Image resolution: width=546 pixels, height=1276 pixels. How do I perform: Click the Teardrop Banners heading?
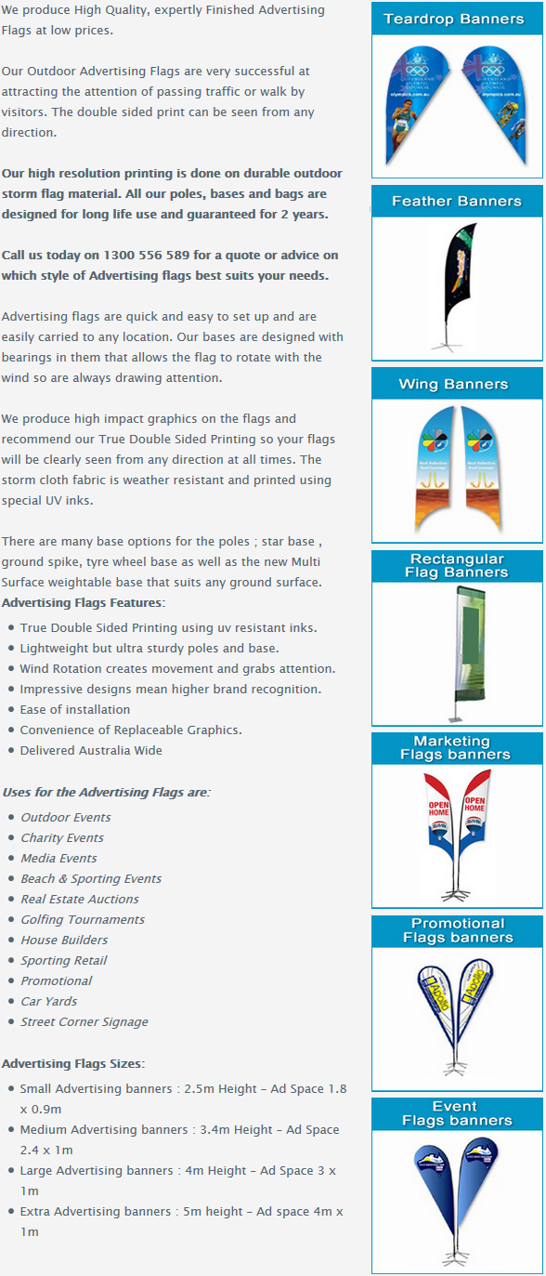453,19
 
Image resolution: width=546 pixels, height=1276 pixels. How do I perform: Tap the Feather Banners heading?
456,201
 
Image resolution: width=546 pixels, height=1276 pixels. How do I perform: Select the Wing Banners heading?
453,384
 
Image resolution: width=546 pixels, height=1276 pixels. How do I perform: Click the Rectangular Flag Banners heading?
456,566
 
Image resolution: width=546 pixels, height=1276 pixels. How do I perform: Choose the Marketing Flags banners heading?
455,748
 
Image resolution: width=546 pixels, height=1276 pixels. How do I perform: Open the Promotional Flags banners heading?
457,930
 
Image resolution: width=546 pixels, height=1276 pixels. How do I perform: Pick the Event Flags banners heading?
456,1113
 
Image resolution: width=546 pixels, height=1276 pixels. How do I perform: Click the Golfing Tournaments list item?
83,919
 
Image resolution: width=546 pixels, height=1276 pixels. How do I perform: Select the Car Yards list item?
49,1001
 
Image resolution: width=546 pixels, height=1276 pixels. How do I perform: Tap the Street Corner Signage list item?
84,1021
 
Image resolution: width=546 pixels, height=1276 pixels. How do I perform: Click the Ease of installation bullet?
74,709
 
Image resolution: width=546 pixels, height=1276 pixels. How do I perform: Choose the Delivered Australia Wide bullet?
91,750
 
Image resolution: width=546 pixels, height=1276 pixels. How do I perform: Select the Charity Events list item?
62,837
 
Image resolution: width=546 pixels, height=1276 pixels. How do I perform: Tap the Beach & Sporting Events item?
91,878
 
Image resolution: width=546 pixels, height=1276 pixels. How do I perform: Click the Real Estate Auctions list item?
80,899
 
